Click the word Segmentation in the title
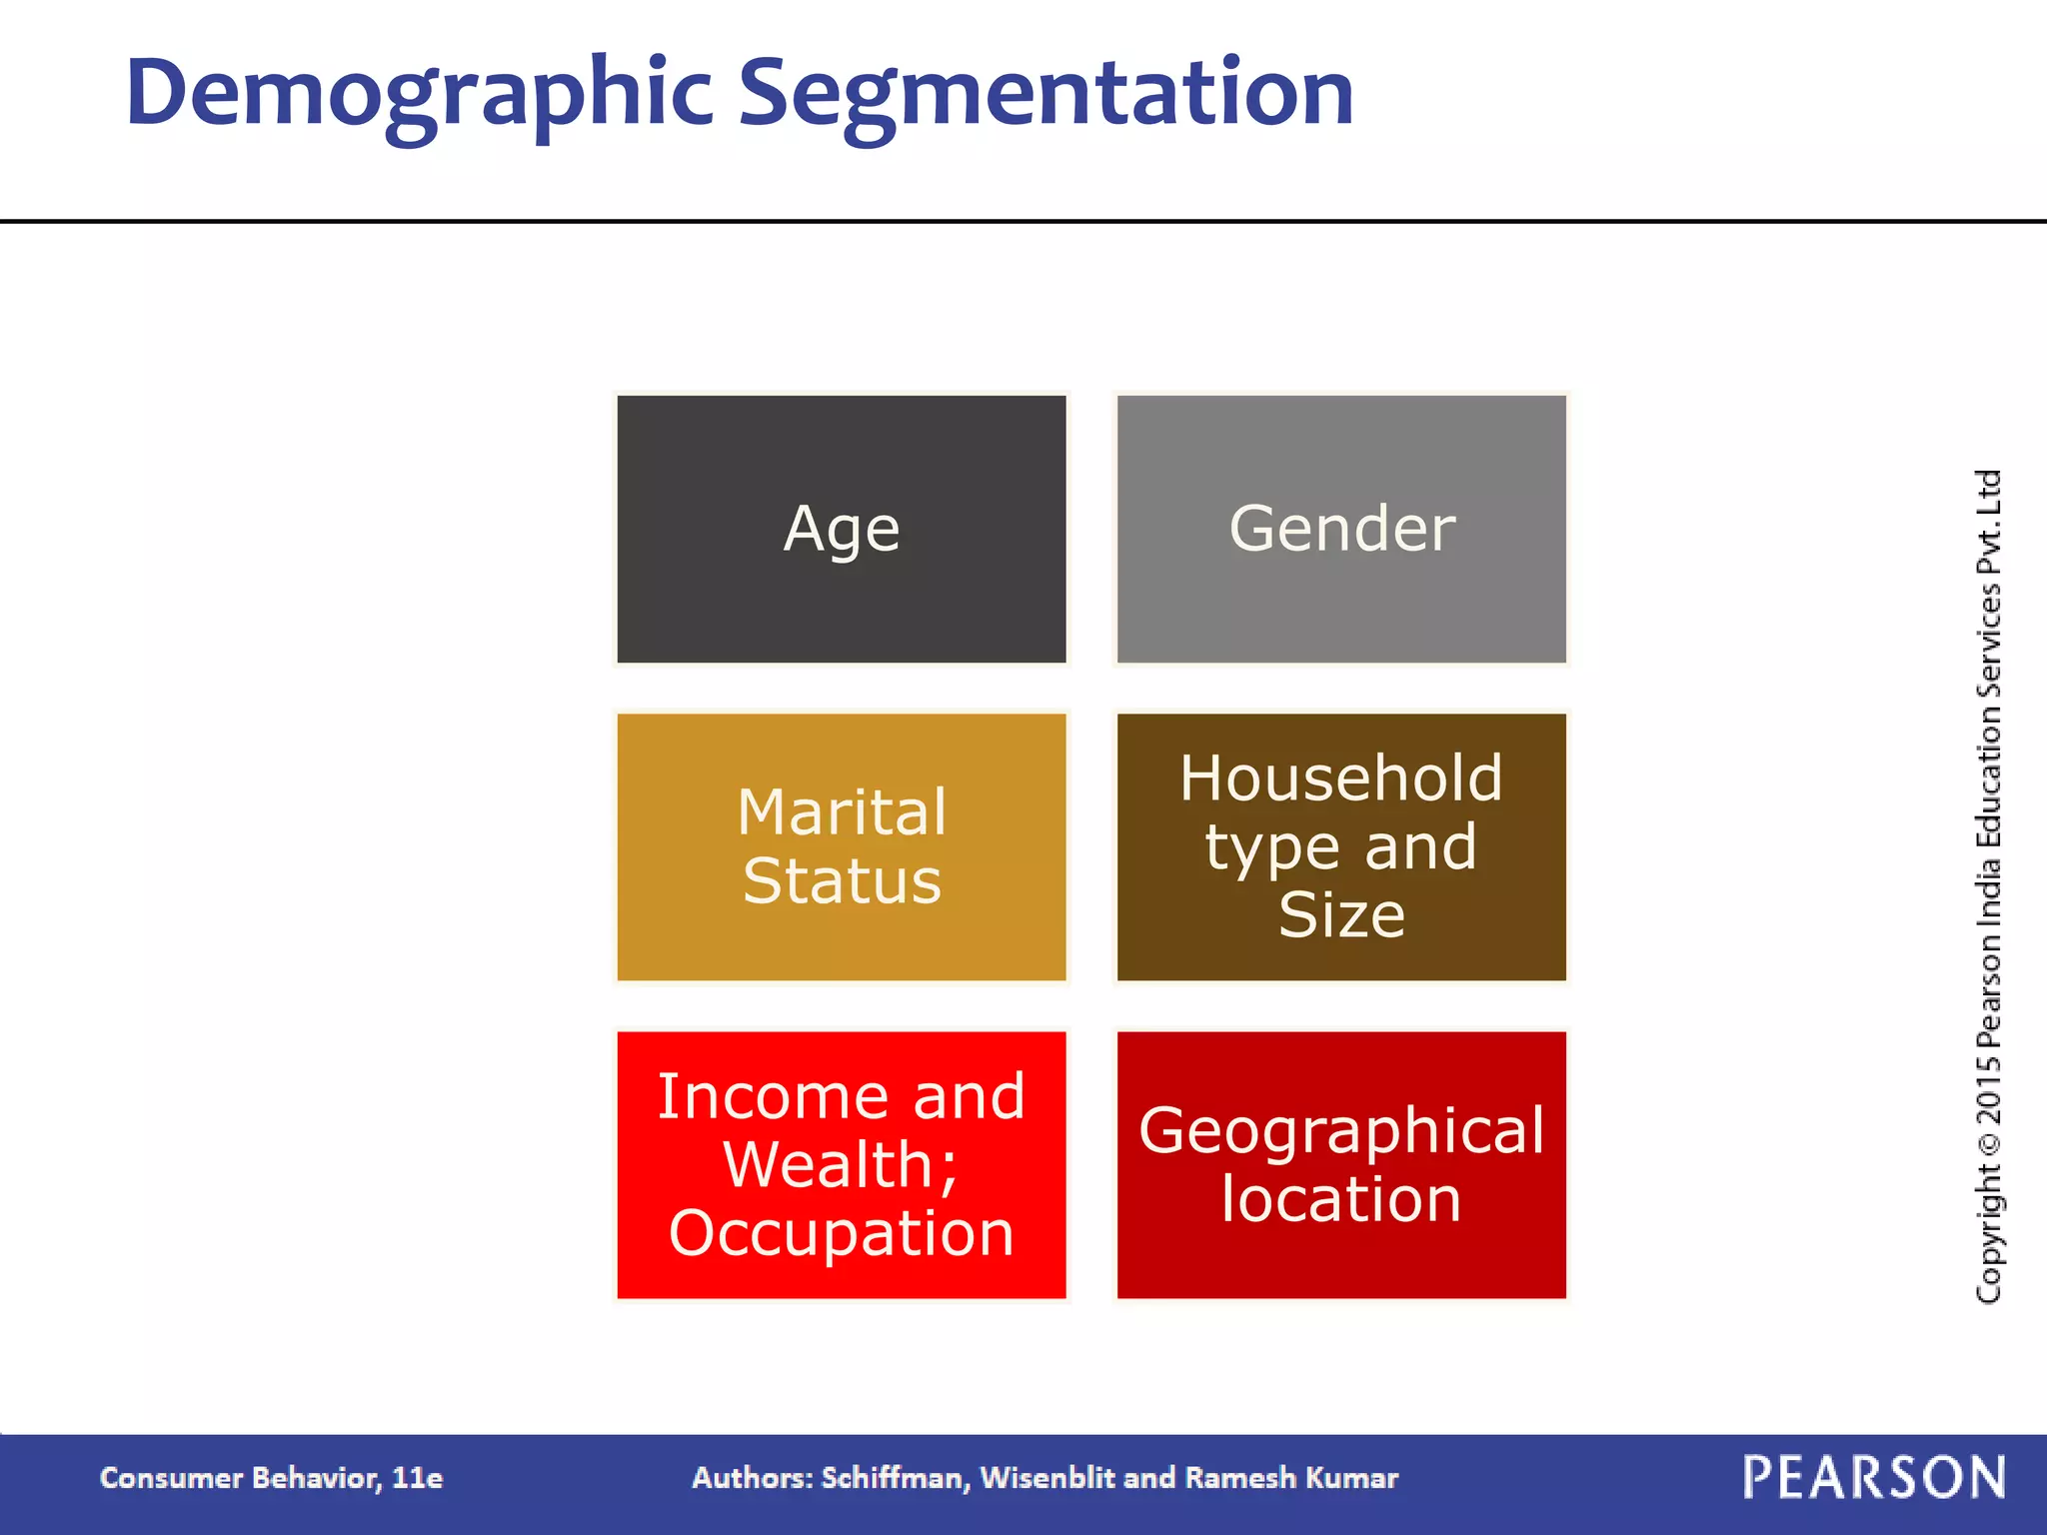tap(1045, 95)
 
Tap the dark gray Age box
tap(842, 529)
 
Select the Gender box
tap(1341, 529)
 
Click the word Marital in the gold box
tap(842, 811)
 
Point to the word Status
tap(842, 881)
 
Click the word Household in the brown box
tap(1341, 778)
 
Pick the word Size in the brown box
tap(1341, 914)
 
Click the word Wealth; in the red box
tap(842, 1165)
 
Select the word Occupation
tap(842, 1233)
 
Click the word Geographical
tap(1341, 1131)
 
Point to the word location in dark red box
tap(1341, 1199)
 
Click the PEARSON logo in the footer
tap(1874, 1478)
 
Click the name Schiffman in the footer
tap(895, 1478)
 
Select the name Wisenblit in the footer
tap(1047, 1478)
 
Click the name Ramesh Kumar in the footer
tap(1291, 1478)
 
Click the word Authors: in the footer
tap(752, 1478)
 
